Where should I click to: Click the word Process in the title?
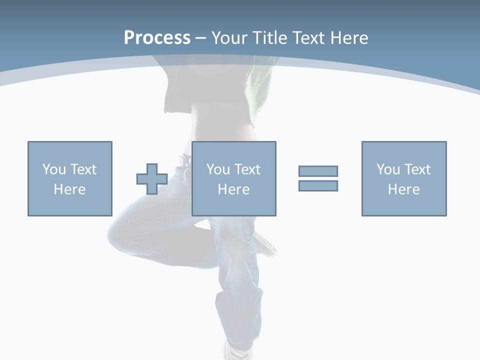point(157,38)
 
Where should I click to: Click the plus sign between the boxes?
point(152,179)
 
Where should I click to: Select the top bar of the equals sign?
point(318,171)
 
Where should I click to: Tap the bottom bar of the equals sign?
point(318,185)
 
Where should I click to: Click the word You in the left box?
point(54,169)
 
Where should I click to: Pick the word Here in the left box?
point(69,189)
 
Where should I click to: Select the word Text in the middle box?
point(247,169)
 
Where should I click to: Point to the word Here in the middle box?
point(233,189)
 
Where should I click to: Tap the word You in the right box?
point(388,169)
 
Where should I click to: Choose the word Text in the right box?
point(417,169)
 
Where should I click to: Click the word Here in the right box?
point(403,189)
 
